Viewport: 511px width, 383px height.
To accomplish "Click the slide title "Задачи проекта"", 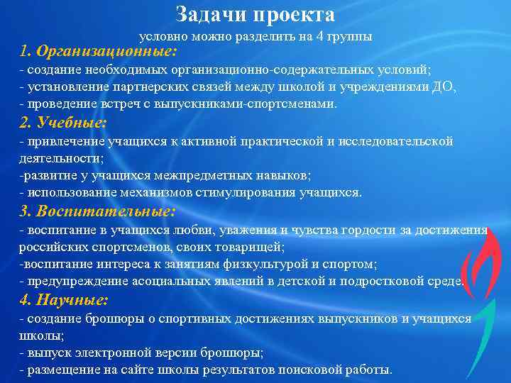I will (x=255, y=15).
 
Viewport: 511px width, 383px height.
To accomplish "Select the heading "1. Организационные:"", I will (x=99, y=52).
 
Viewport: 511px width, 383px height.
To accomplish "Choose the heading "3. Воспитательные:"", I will (x=97, y=211).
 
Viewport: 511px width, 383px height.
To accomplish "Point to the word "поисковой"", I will (x=314, y=370).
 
